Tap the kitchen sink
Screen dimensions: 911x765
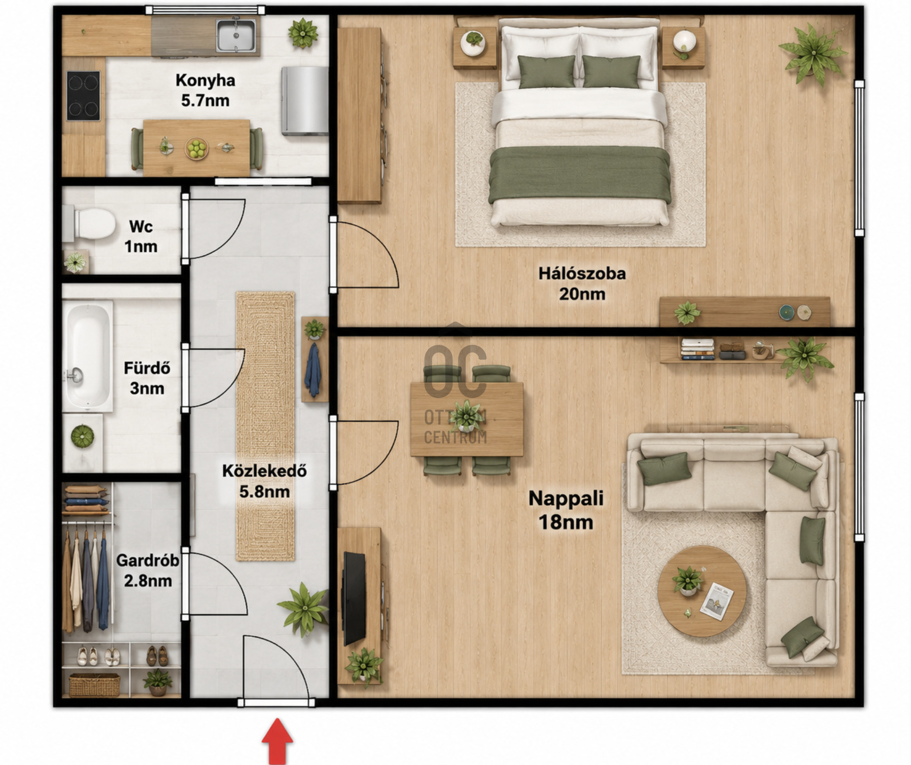[x=236, y=35]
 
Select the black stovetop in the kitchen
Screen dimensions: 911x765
[x=83, y=95]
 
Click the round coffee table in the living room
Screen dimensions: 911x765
[x=702, y=591]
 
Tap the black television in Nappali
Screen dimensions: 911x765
[x=354, y=598]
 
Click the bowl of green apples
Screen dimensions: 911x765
[x=197, y=148]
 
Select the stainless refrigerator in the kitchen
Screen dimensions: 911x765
[x=305, y=101]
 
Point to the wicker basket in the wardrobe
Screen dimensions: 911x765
[x=95, y=685]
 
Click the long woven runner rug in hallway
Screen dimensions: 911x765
[x=265, y=426]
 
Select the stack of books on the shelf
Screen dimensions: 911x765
[x=697, y=349]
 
